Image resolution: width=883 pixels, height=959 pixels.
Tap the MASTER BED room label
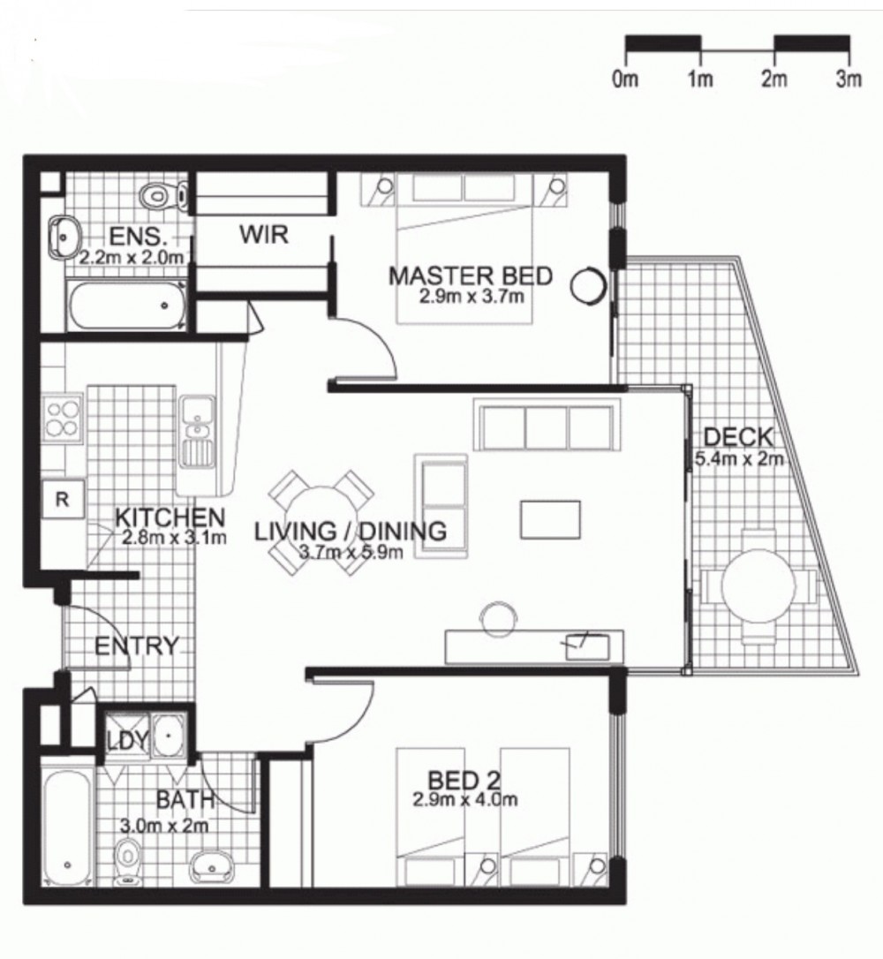click(470, 276)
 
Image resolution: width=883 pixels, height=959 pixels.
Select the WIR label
click(263, 236)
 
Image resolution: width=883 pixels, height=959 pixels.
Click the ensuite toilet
click(158, 193)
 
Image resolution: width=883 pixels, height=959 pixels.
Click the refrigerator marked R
click(62, 498)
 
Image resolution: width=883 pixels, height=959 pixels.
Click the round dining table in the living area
click(321, 523)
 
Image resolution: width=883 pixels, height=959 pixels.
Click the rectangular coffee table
click(550, 519)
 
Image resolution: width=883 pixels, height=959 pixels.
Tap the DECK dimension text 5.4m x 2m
click(739, 459)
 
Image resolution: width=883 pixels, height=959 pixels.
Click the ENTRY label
click(136, 646)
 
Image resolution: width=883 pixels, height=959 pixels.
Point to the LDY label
click(127, 741)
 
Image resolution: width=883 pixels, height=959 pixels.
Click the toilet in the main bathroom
click(128, 855)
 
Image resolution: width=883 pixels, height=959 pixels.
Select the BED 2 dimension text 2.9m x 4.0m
click(464, 801)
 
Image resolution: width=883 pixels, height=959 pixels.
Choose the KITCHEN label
click(170, 517)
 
